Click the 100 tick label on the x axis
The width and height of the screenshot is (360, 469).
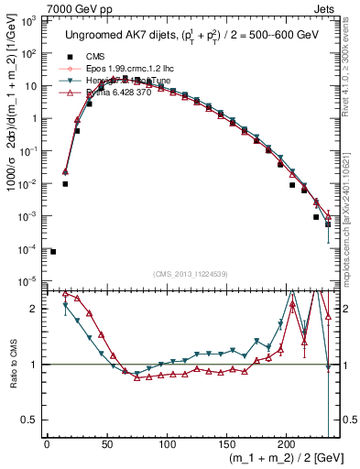pos(166,444)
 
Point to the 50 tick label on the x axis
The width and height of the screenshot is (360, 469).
pos(106,444)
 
